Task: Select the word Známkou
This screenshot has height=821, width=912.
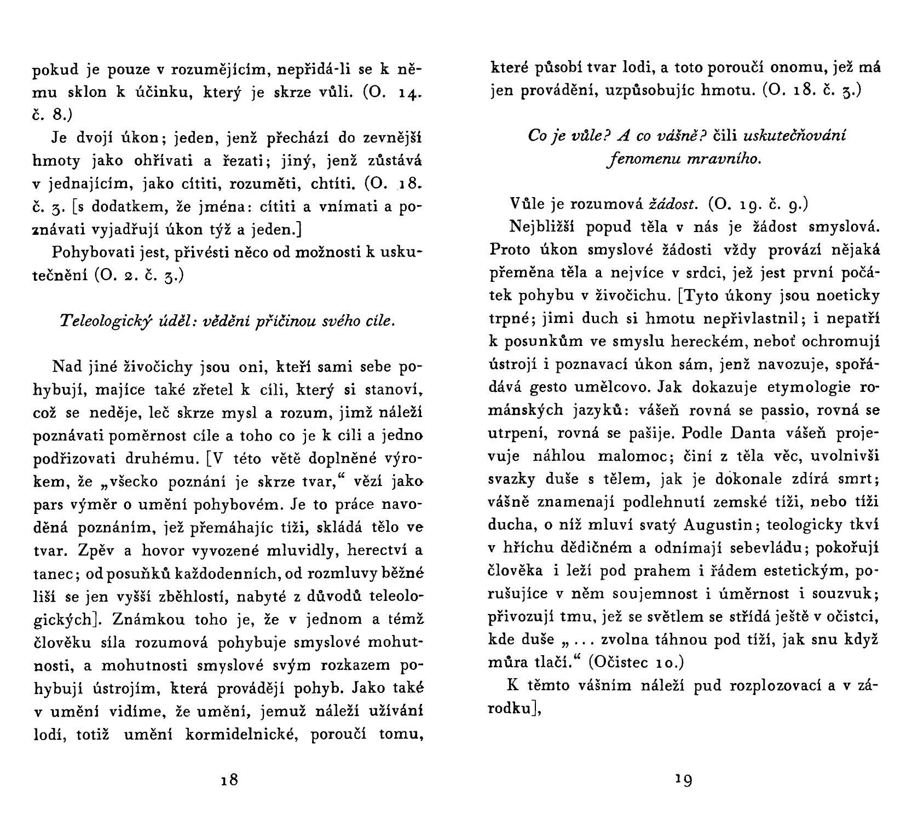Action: click(x=144, y=619)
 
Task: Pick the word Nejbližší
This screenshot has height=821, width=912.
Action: click(x=541, y=226)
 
